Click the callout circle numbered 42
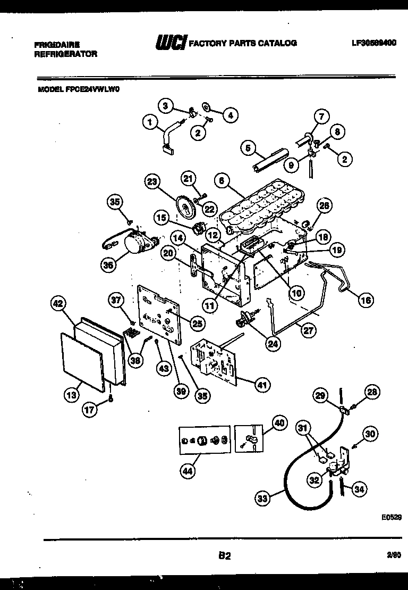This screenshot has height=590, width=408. click(x=58, y=304)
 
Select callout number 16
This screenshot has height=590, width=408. click(x=365, y=300)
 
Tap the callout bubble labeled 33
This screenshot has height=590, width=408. click(x=262, y=498)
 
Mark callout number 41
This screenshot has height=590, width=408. click(x=261, y=384)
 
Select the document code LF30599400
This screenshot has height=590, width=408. click(x=373, y=43)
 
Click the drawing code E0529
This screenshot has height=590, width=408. click(x=390, y=517)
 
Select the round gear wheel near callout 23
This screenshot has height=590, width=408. click(x=185, y=206)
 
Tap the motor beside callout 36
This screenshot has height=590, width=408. click(x=136, y=243)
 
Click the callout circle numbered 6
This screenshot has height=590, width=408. click(x=223, y=180)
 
